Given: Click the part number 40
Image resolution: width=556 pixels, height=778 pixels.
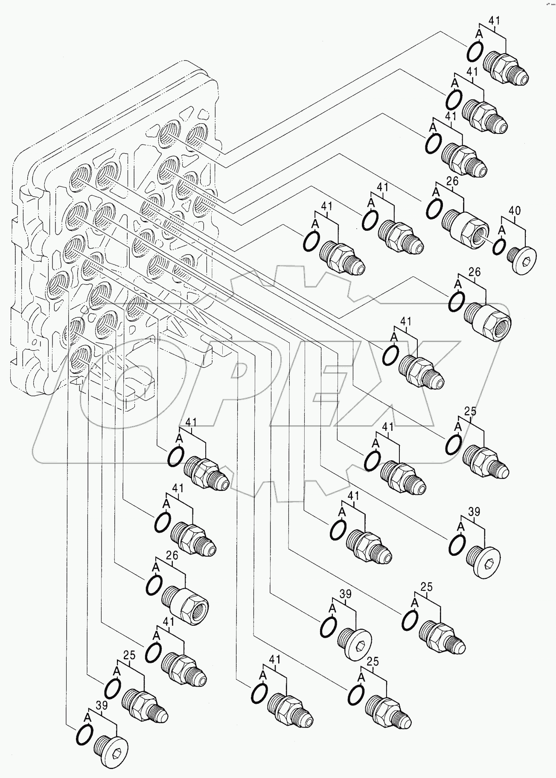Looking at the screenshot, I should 515,210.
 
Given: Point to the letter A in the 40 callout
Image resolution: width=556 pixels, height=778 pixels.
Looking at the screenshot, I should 502,229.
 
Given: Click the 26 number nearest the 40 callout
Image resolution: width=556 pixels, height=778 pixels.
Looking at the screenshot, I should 452,181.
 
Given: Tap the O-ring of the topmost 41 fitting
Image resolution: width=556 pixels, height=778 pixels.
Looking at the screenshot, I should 475,52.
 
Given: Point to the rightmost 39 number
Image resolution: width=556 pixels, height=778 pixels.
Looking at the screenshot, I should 474,512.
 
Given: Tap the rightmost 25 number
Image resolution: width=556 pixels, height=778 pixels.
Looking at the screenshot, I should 470,411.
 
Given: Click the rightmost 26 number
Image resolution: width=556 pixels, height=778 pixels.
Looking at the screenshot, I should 474,272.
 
